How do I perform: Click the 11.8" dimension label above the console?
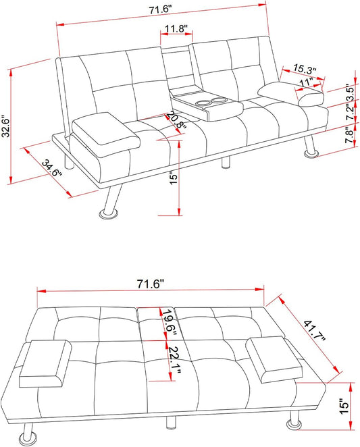176,29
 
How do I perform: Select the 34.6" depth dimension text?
51,169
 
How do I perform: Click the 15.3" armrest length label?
305,70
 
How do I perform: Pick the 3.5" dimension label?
350,92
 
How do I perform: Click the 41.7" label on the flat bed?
314,330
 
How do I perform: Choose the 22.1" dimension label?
174,360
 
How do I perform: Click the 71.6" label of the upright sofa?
160,9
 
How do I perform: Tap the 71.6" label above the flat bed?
151,284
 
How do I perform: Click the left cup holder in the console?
204,103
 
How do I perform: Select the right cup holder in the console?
219,100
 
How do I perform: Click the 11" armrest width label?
307,82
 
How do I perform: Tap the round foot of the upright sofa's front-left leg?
108,214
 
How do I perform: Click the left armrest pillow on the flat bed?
46,363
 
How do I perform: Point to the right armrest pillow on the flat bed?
274,359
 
